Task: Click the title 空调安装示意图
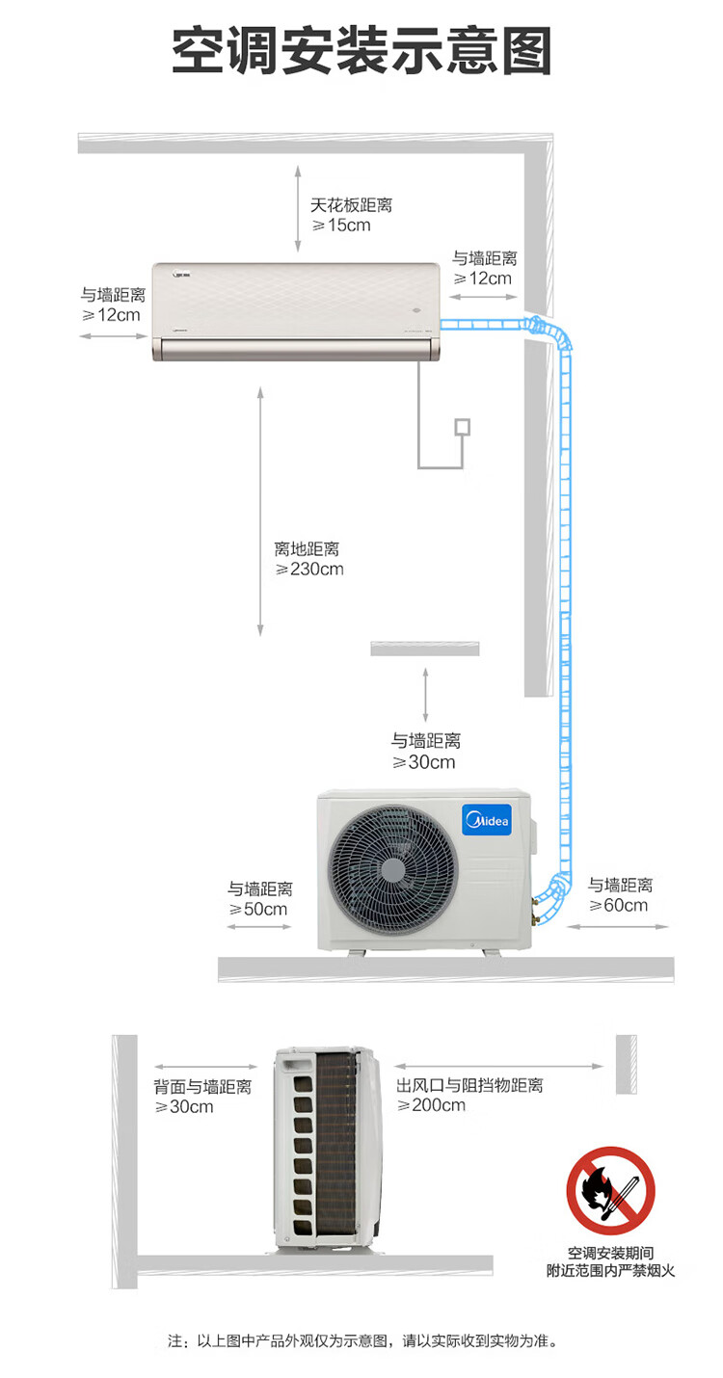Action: coord(361,50)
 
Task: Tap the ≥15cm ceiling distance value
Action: coord(341,225)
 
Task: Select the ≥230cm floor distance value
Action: coord(309,570)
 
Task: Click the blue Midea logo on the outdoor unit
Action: coord(487,819)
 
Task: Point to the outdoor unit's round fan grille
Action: coord(392,869)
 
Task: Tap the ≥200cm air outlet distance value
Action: coord(431,1105)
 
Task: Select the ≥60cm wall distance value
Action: coord(618,905)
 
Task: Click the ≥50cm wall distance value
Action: coord(258,909)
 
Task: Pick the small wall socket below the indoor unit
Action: coord(462,427)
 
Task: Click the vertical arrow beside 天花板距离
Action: coord(298,208)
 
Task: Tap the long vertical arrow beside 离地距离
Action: coord(261,512)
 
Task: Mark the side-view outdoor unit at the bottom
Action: coord(327,1147)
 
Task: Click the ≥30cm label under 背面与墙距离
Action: coord(184,1106)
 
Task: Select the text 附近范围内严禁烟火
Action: coord(610,1270)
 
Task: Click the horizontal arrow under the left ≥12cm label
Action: coord(114,336)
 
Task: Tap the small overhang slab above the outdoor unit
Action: coord(424,649)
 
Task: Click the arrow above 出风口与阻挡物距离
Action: coord(498,1066)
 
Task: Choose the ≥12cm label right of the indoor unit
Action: coord(483,278)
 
